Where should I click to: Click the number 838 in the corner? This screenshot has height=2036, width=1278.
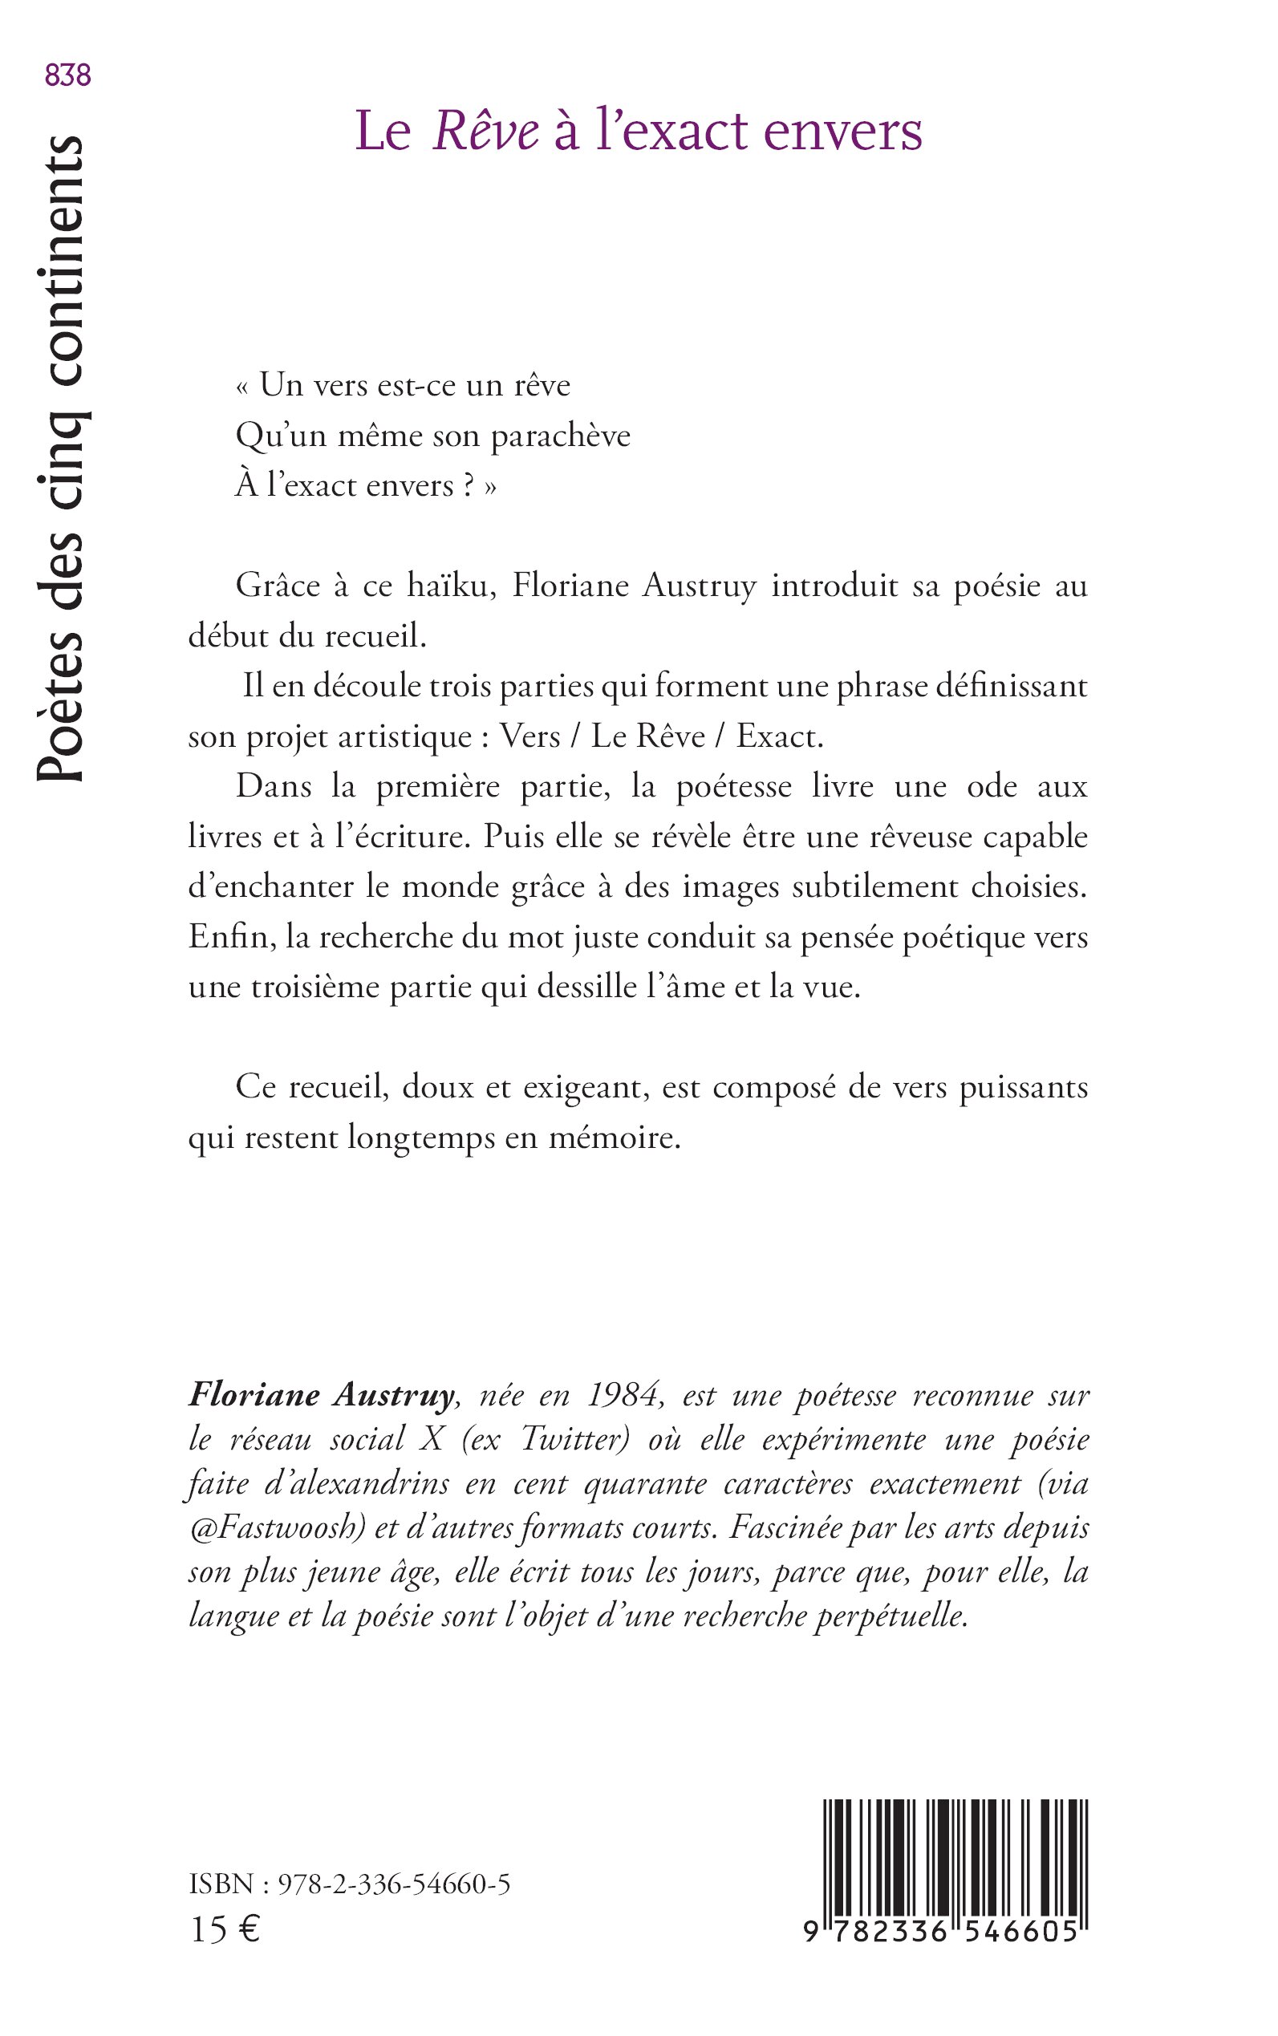tap(67, 76)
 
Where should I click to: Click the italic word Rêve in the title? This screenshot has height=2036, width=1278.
tap(486, 131)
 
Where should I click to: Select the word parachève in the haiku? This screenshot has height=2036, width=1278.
tap(561, 436)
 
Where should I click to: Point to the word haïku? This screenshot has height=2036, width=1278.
tap(448, 586)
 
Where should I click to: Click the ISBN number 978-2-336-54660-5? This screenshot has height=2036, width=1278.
tap(394, 1884)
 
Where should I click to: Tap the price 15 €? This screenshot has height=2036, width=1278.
tap(225, 1929)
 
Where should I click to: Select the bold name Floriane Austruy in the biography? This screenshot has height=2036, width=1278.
tap(322, 1395)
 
